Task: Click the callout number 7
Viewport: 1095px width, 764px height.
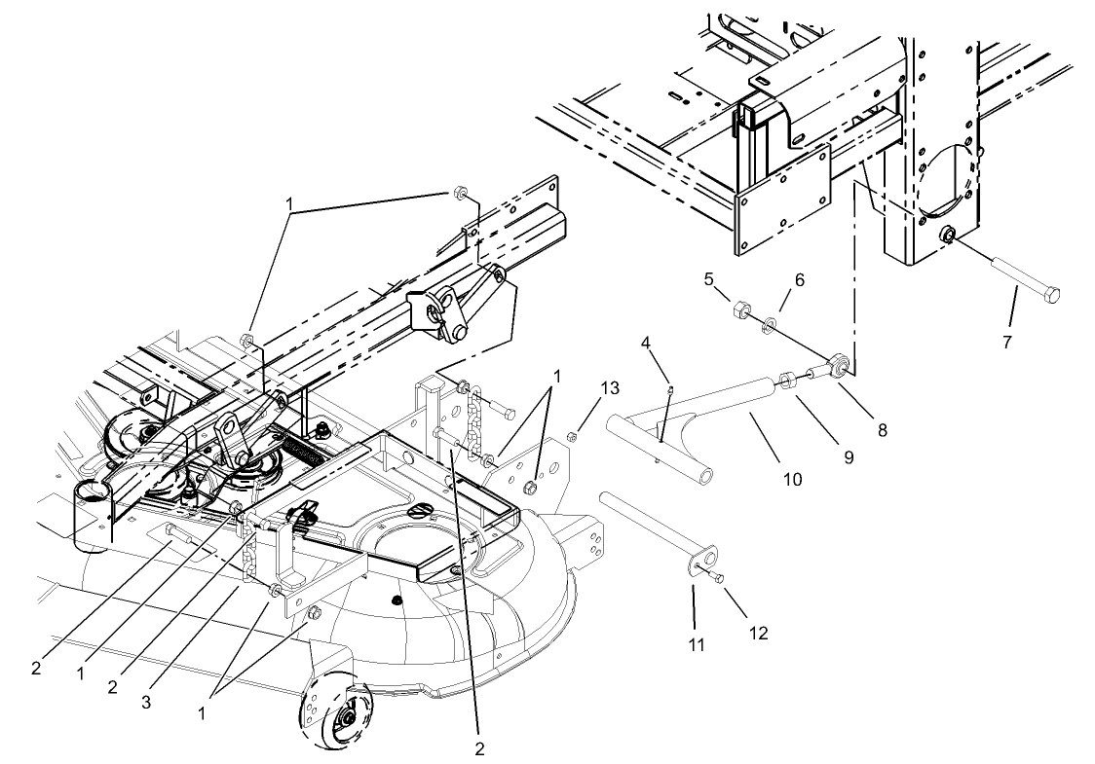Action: pos(1008,342)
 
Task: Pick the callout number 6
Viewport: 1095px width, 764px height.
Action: pos(799,279)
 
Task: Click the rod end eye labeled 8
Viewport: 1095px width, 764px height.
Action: pos(838,367)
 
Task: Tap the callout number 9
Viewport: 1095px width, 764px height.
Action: pos(849,455)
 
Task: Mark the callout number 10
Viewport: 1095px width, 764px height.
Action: pos(792,478)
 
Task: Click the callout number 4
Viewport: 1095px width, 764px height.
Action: pos(644,342)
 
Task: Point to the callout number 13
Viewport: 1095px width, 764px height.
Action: pos(610,387)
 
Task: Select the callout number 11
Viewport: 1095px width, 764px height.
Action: pos(694,643)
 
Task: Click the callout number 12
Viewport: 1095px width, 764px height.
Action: pos(758,633)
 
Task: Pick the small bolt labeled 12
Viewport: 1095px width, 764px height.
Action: pos(721,579)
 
